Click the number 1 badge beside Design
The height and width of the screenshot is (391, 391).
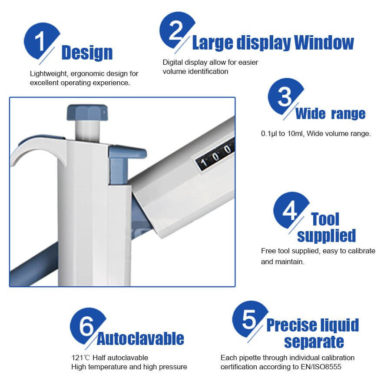(x=40, y=42)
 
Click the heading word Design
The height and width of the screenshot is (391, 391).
(x=87, y=53)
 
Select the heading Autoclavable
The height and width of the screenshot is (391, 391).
(x=140, y=339)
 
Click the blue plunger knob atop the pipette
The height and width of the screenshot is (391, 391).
(x=87, y=112)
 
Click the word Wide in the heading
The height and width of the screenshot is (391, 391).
(x=310, y=114)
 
